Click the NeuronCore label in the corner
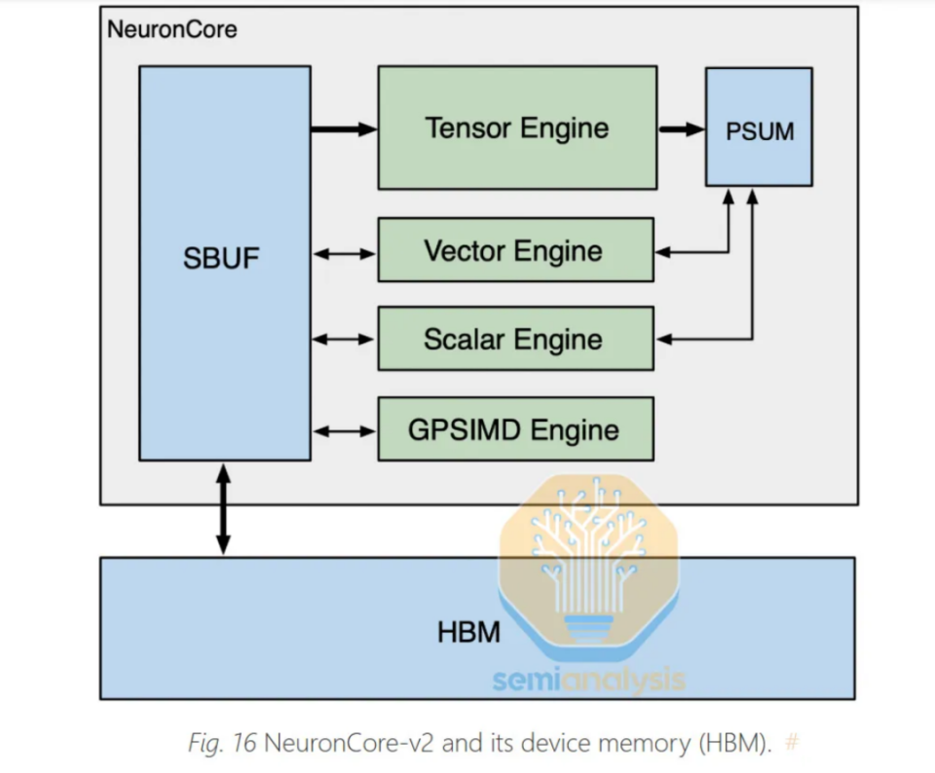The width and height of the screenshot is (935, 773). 171,29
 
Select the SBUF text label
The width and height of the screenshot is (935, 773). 221,258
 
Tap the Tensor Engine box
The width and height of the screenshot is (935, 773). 517,129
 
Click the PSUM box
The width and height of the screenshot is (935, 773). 759,127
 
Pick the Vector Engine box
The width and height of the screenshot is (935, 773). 516,250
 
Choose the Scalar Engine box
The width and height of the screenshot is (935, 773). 516,339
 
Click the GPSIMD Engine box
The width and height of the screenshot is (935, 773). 516,429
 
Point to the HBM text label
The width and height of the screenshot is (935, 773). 468,633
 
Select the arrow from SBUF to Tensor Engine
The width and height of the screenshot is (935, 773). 344,129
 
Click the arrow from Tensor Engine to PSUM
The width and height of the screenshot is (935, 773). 682,129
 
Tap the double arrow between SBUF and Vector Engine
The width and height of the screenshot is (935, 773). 344,254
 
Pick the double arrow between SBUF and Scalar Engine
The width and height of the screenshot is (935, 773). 344,339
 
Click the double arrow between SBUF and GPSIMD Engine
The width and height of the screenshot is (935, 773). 344,431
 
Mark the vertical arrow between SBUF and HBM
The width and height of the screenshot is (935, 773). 223,509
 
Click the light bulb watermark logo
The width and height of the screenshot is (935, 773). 589,568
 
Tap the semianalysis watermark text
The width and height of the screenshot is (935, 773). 589,680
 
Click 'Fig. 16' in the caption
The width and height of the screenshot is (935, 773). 222,743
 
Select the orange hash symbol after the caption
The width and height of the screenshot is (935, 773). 792,743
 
